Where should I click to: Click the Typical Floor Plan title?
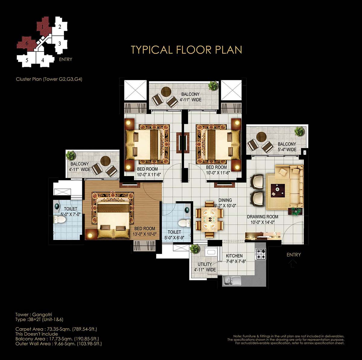pyautogui.click(x=186, y=50)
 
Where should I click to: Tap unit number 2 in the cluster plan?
pyautogui.click(x=60, y=27)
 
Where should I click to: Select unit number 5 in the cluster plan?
pyautogui.click(x=27, y=60)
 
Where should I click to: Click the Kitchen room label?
pyautogui.click(x=234, y=256)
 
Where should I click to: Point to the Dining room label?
pyautogui.click(x=225, y=200)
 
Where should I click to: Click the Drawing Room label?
pyautogui.click(x=263, y=217)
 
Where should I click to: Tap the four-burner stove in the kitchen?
pyautogui.click(x=260, y=254)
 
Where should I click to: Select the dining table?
pyautogui.click(x=209, y=219)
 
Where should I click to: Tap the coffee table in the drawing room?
pyautogui.click(x=278, y=191)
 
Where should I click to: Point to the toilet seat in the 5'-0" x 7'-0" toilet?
pyautogui.click(x=59, y=219)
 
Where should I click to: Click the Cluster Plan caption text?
pyautogui.click(x=49, y=79)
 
